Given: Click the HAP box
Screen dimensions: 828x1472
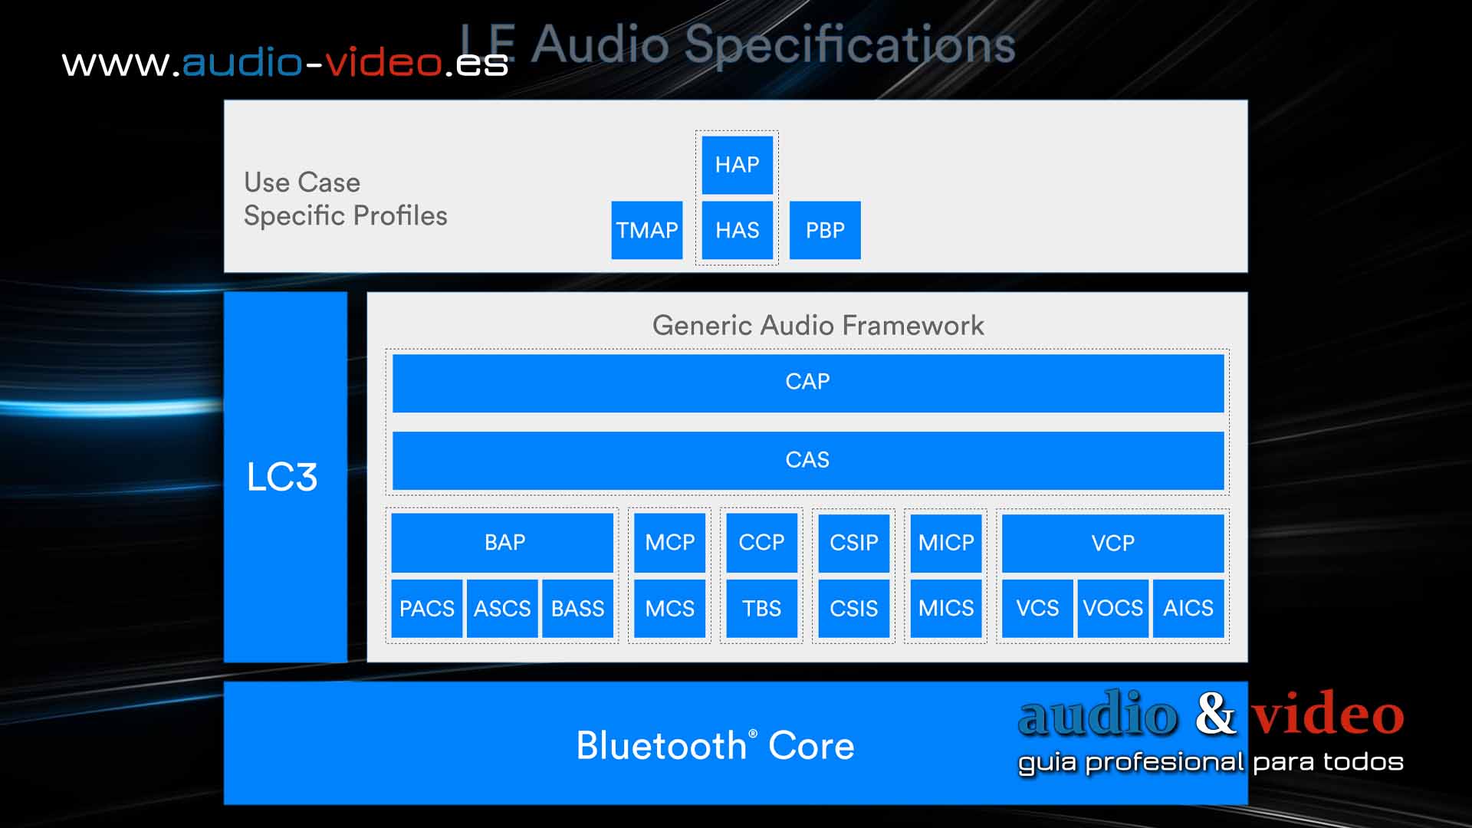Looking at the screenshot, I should coord(737,165).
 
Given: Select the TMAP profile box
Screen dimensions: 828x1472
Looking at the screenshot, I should coord(646,230).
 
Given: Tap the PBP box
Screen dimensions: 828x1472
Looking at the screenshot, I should coord(825,230).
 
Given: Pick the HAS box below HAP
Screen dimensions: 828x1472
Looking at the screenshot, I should coord(737,230).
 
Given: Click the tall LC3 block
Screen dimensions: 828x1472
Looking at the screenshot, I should coord(285,477).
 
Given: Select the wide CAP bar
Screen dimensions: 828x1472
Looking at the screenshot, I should coord(807,382).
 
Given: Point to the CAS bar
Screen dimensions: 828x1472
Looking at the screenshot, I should coord(807,460).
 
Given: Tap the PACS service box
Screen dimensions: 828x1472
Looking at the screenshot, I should coord(426,609).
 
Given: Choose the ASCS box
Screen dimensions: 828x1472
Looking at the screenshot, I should coord(502,609).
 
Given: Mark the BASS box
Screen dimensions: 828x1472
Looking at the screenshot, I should coord(577,609).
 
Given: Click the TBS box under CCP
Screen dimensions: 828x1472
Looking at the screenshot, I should coord(761,609).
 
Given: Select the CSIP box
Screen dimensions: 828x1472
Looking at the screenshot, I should coord(853,543).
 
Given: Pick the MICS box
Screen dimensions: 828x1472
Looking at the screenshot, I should coord(946,609).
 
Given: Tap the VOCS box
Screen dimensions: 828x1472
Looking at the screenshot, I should coord(1112,609).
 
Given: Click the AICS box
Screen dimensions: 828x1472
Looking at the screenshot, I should coord(1188,609).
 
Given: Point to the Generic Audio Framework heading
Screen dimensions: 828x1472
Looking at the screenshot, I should coord(818,325).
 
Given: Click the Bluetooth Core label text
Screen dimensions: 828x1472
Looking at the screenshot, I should coord(715,745).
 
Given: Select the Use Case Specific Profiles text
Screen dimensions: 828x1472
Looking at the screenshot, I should coord(345,199).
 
